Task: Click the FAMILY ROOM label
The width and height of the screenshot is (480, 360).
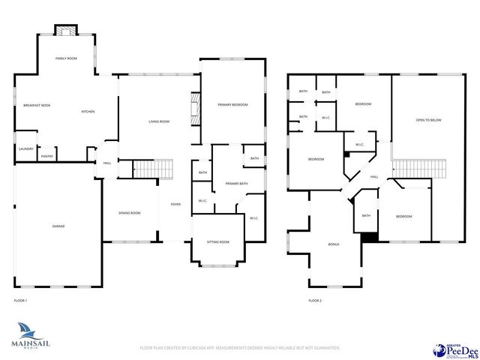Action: click(66, 58)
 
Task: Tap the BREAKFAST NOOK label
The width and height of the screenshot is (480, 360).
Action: click(36, 105)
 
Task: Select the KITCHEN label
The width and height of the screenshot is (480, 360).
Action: click(88, 112)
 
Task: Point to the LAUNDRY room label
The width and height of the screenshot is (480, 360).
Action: click(26, 149)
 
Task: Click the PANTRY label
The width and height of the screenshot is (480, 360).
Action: click(47, 156)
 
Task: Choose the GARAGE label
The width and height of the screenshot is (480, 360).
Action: click(58, 226)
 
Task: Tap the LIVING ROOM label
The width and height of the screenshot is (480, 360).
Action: click(158, 121)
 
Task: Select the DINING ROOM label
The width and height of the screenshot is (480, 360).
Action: click(129, 213)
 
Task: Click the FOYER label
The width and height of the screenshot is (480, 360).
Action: click(175, 204)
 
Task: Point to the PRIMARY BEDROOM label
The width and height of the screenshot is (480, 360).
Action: click(232, 104)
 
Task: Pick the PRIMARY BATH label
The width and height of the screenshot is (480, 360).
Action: click(235, 183)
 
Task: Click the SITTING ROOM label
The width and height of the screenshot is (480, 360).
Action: click(218, 242)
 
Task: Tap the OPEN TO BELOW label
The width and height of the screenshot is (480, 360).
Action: click(428, 119)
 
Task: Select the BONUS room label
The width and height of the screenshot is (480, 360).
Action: click(334, 244)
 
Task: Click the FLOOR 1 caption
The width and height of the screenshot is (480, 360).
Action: click(20, 301)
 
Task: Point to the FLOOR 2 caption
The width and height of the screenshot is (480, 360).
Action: click(315, 301)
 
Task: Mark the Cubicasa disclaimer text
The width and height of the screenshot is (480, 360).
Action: click(240, 348)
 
